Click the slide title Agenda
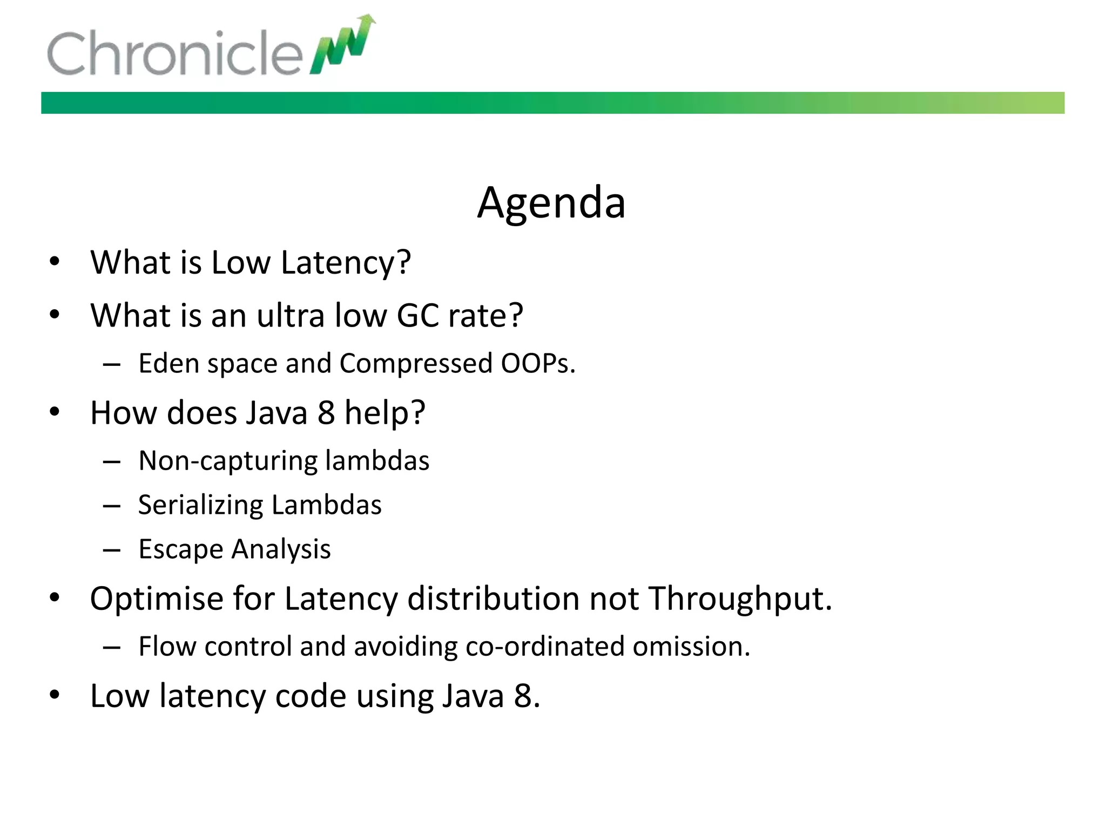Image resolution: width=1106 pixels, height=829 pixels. pyautogui.click(x=551, y=203)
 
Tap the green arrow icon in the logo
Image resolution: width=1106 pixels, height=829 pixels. pyautogui.click(x=343, y=44)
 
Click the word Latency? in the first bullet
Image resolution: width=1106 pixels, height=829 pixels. pyautogui.click(x=346, y=263)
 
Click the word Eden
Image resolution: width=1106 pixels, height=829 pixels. pyautogui.click(x=169, y=363)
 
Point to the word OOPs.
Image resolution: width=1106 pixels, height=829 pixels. pyautogui.click(x=538, y=363)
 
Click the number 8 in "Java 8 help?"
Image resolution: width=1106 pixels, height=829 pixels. pyautogui.click(x=326, y=413)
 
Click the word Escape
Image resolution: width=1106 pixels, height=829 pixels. pyautogui.click(x=180, y=549)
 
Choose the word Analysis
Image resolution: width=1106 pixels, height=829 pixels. pyautogui.click(x=281, y=549)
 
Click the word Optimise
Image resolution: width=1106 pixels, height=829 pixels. pyautogui.click(x=156, y=599)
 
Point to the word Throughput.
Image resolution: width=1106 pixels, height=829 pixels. pyautogui.click(x=740, y=599)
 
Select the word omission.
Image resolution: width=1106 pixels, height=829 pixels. pyautogui.click(x=691, y=647)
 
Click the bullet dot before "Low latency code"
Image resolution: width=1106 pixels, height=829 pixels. pyautogui.click(x=54, y=695)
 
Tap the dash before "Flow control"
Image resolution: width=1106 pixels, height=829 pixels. pyautogui.click(x=111, y=647)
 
